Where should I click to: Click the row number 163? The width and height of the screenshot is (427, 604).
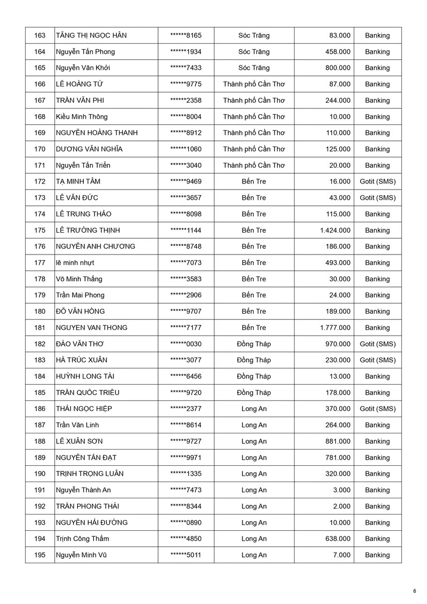tap(40, 36)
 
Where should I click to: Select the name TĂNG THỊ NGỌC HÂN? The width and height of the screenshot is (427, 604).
tap(91, 36)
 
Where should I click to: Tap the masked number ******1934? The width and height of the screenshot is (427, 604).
tap(186, 52)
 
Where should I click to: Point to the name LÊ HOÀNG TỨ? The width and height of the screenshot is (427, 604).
tap(79, 84)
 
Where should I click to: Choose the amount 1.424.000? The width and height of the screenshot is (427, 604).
tap(335, 230)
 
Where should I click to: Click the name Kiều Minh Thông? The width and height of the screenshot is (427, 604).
tap(82, 117)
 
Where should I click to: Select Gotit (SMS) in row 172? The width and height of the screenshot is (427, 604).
tap(377, 182)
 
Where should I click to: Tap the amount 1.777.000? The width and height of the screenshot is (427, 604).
tap(335, 328)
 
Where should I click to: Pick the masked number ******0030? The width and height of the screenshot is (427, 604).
tap(186, 344)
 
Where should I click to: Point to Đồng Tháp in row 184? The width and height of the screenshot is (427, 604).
tap(254, 376)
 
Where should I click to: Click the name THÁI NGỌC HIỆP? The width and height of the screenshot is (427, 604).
tap(84, 409)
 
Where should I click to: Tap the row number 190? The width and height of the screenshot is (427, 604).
tap(40, 474)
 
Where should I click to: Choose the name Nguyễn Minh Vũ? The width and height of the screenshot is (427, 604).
tap(79, 555)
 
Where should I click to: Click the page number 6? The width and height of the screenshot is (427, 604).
tap(415, 591)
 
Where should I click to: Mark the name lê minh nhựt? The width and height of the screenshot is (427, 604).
tap(75, 263)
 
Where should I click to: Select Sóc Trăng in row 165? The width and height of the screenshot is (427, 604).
tap(254, 68)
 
